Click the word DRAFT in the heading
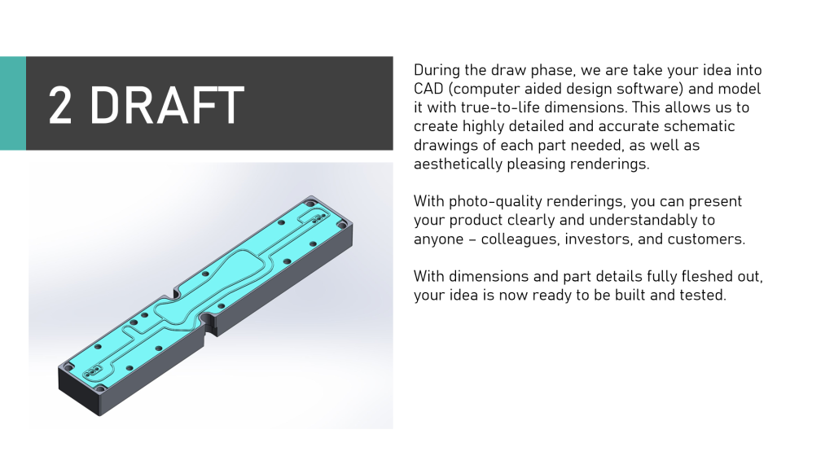point(166,105)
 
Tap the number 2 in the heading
point(59,105)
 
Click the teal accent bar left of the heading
point(13,103)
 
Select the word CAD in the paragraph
point(428,88)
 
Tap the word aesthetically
point(458,164)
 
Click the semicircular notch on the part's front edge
point(206,321)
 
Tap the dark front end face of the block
point(79,390)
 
